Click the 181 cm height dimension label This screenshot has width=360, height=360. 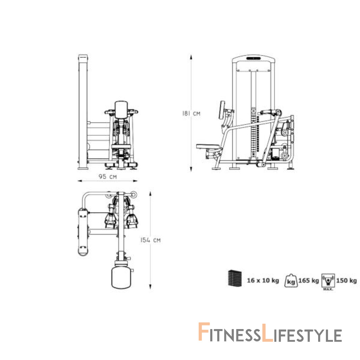pyautogui.click(x=191, y=114)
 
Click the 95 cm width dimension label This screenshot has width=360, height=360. pyautogui.click(x=108, y=176)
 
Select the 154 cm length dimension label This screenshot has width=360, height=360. pyautogui.click(x=150, y=240)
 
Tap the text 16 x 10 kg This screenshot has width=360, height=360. pyautogui.click(x=263, y=280)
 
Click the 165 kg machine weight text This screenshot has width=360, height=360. pyautogui.click(x=309, y=280)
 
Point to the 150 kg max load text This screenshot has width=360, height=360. pyautogui.click(x=347, y=280)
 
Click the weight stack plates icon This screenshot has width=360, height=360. pyautogui.click(x=235, y=278)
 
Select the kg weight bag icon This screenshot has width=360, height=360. pyautogui.click(x=291, y=281)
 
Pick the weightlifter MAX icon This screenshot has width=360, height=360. pyautogui.click(x=328, y=282)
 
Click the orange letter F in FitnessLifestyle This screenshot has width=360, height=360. pyautogui.click(x=204, y=332)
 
